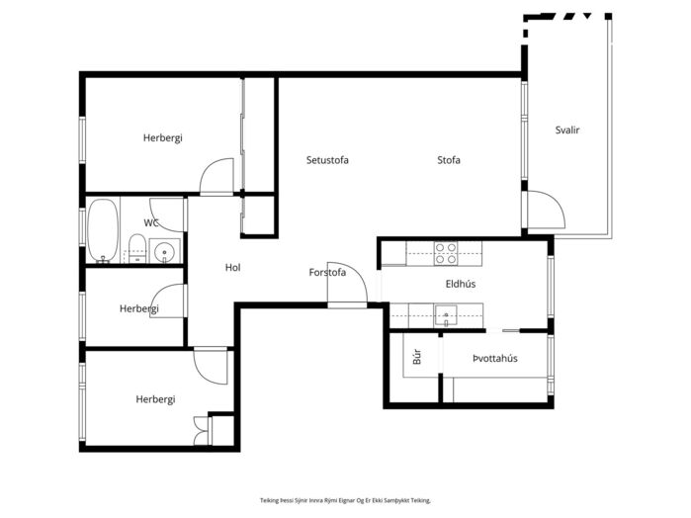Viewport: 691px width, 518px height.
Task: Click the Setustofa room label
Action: (327, 160)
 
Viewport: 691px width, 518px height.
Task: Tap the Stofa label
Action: (449, 160)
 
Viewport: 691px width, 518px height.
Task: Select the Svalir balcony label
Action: (567, 130)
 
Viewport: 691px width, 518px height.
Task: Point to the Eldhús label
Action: (461, 284)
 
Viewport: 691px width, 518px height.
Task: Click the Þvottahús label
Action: (495, 359)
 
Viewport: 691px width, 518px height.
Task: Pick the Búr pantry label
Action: (417, 357)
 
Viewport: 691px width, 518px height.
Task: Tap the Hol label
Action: (232, 267)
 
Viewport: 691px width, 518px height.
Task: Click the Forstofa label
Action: (327, 273)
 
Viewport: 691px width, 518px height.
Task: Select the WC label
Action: (151, 222)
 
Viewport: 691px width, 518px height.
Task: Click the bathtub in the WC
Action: (103, 230)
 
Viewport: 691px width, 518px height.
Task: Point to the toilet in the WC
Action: (137, 249)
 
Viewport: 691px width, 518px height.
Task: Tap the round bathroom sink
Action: (164, 252)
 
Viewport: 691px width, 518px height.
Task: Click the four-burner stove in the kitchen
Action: (446, 253)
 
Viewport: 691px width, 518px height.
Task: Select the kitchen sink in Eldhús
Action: (446, 314)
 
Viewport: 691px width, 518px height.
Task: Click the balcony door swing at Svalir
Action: (547, 210)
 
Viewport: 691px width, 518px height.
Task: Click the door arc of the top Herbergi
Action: (216, 175)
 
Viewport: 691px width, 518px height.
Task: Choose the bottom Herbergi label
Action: (155, 399)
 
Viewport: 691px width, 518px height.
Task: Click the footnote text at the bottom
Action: (345, 500)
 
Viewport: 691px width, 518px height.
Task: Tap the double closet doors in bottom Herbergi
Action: (201, 431)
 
